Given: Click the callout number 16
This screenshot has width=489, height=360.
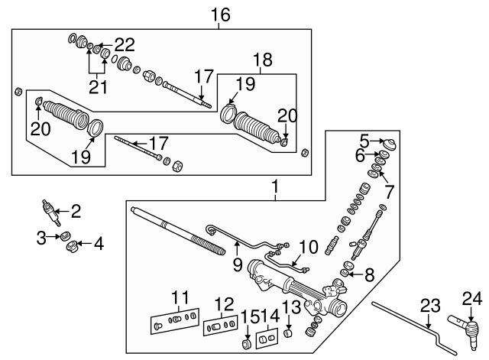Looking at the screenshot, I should [220, 15].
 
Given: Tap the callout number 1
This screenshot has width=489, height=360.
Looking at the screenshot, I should [274, 186].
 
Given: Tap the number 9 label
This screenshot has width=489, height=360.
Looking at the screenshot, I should [237, 264].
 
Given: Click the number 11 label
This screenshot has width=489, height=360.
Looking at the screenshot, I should [180, 297].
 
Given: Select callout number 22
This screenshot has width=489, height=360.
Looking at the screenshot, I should [125, 43].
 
